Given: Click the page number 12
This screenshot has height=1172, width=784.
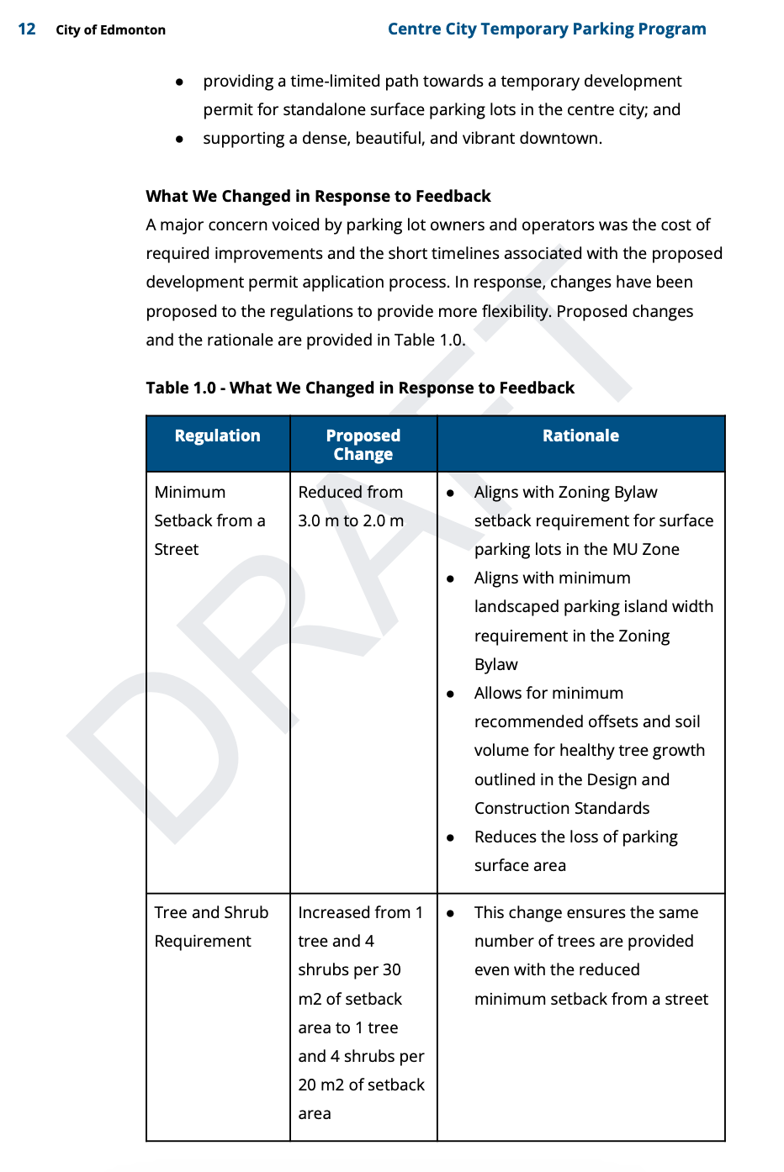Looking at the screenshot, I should pyautogui.click(x=27, y=29).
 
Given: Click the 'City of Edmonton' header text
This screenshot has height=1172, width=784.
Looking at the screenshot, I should pyautogui.click(x=110, y=30).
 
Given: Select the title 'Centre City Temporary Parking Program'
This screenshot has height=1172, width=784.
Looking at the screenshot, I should pyautogui.click(x=546, y=29).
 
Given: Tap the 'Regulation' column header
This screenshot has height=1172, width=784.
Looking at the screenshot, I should pyautogui.click(x=217, y=436).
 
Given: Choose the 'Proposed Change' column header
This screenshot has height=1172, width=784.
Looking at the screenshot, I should pyautogui.click(x=363, y=445).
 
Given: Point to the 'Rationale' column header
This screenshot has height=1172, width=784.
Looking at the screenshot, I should pyautogui.click(x=580, y=436).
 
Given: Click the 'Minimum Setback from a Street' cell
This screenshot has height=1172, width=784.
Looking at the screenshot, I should pyautogui.click(x=209, y=520).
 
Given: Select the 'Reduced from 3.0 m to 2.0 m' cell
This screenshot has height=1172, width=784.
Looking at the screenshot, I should pyautogui.click(x=351, y=506).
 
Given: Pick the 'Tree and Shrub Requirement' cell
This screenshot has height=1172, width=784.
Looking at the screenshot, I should pyautogui.click(x=211, y=927).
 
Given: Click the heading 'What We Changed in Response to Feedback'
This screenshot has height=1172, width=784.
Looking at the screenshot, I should pyautogui.click(x=318, y=196).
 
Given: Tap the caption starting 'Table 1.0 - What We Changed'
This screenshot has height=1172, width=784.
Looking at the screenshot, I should pyautogui.click(x=360, y=388).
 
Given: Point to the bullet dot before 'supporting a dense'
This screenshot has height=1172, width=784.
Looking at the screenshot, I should pyautogui.click(x=179, y=139).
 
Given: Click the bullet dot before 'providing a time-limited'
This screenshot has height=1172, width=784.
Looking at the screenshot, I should pyautogui.click(x=179, y=82).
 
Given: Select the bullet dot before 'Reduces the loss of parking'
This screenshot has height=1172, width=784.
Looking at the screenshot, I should pyautogui.click(x=451, y=837).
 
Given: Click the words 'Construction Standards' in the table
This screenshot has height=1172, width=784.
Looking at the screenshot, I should pyautogui.click(x=562, y=808).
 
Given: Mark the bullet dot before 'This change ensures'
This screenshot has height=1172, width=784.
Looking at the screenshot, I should pyautogui.click(x=451, y=913).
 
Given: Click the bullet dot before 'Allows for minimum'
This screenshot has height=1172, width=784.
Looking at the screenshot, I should pyautogui.click(x=451, y=694).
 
